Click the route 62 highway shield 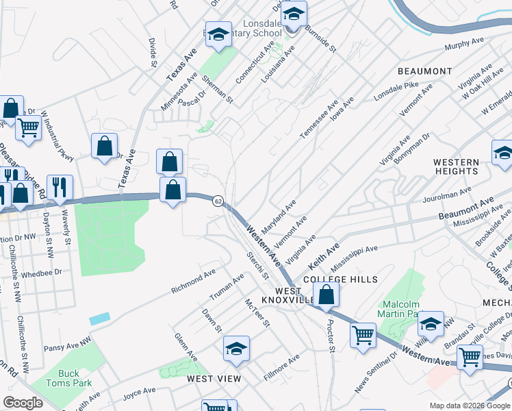tap(218, 201)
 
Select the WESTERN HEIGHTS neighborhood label tap(456, 169)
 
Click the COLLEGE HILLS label tap(340, 279)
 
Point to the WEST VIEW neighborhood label tap(214, 378)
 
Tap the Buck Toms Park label tap(68, 379)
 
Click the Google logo tap(23, 403)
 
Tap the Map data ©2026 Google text tap(469, 406)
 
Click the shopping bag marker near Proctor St tap(327, 295)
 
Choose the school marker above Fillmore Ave tap(235, 349)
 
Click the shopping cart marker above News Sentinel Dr tap(363, 336)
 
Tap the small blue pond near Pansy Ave tap(99, 319)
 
